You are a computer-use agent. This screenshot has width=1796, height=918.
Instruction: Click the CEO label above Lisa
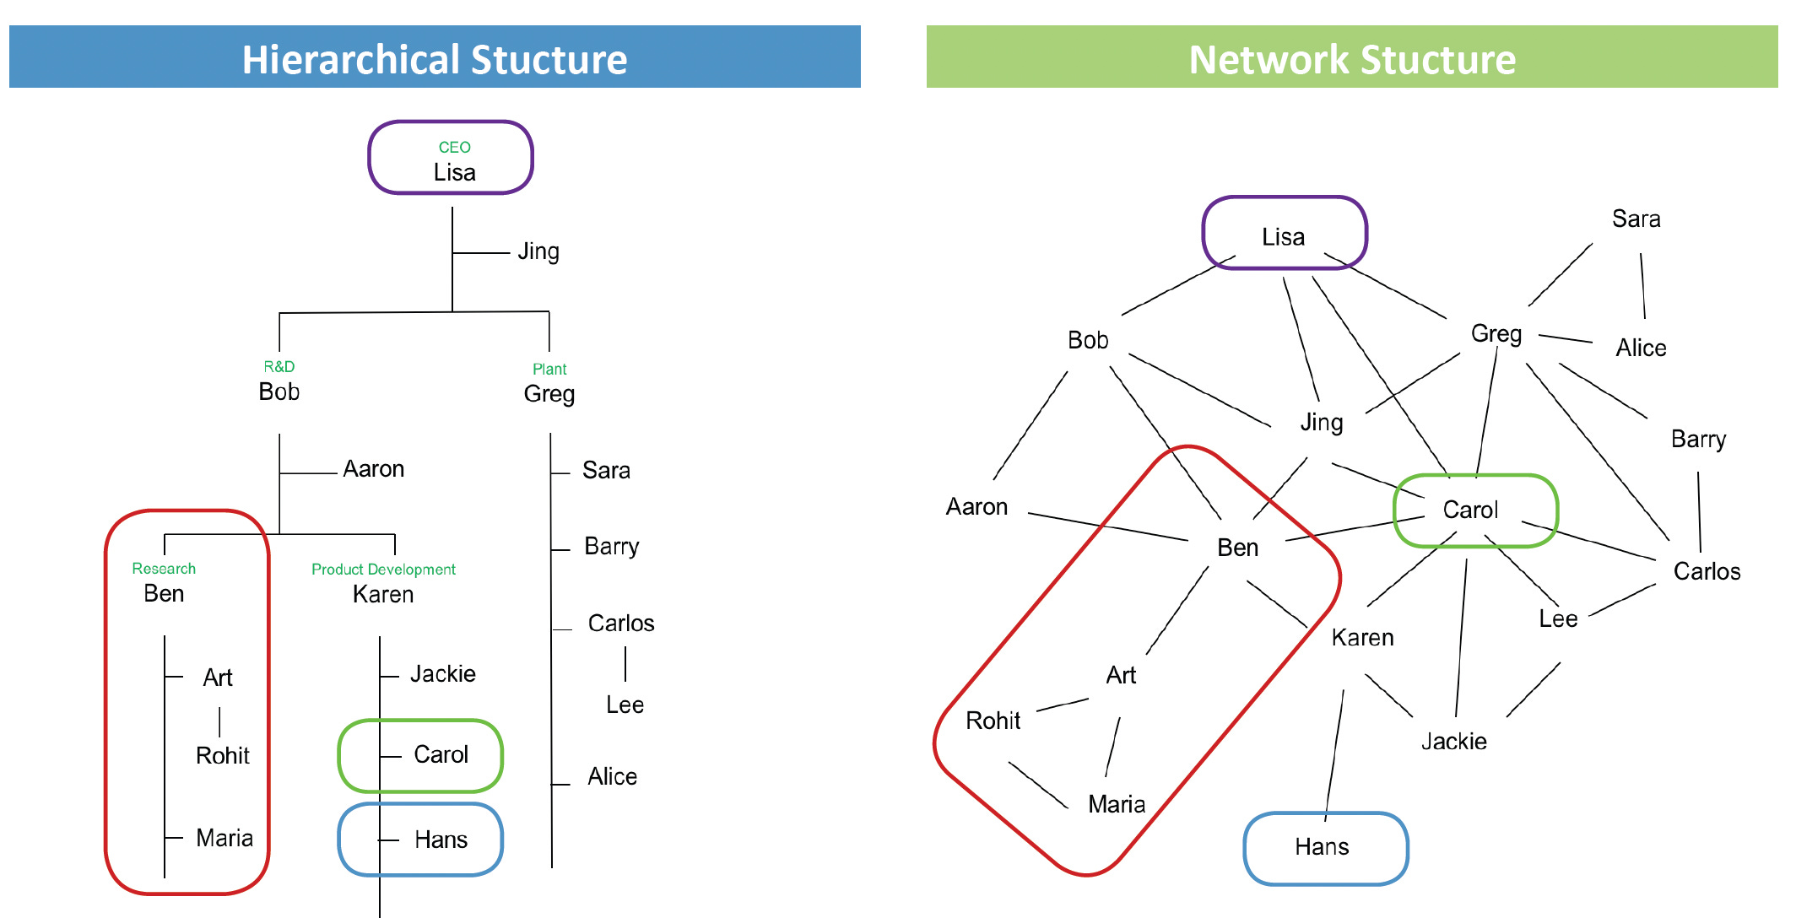point(454,148)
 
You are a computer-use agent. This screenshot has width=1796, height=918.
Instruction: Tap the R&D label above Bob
point(279,367)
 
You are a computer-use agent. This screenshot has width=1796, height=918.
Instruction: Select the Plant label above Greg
point(549,370)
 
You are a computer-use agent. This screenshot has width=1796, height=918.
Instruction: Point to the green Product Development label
point(383,570)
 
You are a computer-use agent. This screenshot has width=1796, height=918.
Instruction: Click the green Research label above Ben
point(164,569)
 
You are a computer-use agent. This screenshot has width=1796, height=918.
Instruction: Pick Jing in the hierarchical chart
point(538,251)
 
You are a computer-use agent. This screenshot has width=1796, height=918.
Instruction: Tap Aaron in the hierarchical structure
point(374,469)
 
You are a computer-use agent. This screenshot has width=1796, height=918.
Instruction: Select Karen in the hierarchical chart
point(383,595)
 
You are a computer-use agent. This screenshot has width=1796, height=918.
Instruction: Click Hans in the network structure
point(1322,847)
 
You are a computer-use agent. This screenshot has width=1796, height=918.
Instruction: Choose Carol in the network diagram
point(1470,510)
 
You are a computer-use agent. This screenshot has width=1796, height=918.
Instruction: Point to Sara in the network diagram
point(1636,219)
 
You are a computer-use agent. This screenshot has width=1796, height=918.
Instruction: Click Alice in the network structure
point(1641,348)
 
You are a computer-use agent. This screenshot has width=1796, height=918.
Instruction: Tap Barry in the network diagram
point(1698,440)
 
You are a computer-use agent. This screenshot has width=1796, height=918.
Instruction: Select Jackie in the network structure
point(1453,742)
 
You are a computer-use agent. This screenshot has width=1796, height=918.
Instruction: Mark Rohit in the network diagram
point(993,721)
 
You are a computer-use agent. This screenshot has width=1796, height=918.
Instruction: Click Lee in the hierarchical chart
point(625,705)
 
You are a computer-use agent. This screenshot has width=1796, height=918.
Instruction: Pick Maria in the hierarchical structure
point(224,838)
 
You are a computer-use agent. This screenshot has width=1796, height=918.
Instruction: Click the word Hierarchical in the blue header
point(350,60)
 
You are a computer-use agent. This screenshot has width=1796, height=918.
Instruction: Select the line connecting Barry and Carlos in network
point(1699,511)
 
